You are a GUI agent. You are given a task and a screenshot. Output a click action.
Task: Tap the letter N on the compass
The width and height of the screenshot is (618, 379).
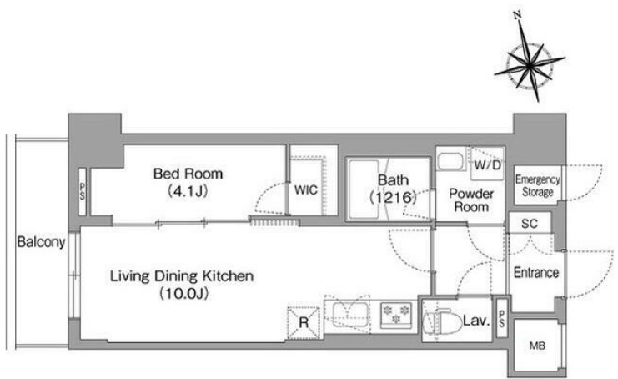point(518,15)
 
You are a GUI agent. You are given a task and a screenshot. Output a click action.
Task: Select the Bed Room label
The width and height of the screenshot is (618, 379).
point(188,174)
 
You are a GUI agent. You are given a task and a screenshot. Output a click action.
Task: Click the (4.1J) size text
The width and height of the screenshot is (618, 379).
point(188,191)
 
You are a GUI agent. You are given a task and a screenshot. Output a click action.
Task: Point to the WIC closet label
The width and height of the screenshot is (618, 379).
point(306,190)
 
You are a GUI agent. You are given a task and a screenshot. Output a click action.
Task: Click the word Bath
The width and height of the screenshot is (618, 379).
point(393,180)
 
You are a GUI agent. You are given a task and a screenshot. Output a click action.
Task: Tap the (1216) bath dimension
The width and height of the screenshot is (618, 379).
point(393,197)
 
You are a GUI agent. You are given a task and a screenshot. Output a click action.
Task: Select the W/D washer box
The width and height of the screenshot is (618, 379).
point(488,164)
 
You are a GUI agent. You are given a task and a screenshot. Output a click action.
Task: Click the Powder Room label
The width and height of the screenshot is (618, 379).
point(471,200)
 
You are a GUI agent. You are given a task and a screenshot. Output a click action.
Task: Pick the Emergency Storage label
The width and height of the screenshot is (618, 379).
point(538,186)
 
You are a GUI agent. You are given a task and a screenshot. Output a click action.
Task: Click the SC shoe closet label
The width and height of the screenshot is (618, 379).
point(530,224)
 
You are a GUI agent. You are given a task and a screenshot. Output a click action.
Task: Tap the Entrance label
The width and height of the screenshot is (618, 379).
point(536,272)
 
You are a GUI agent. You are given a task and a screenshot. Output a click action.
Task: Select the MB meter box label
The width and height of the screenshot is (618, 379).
point(537,346)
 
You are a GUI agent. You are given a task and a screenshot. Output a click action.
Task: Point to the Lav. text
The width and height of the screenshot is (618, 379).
point(476,321)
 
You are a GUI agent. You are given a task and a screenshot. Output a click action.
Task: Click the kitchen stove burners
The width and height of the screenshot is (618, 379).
point(396,314)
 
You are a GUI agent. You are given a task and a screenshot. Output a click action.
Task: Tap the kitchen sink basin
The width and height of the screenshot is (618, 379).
point(350,315)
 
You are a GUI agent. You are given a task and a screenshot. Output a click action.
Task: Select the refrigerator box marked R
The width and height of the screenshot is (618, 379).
point(304,323)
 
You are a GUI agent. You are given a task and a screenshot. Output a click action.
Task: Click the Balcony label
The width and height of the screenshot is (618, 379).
point(41,242)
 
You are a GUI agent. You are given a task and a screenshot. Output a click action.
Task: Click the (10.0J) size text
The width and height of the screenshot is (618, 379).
point(184,294)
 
